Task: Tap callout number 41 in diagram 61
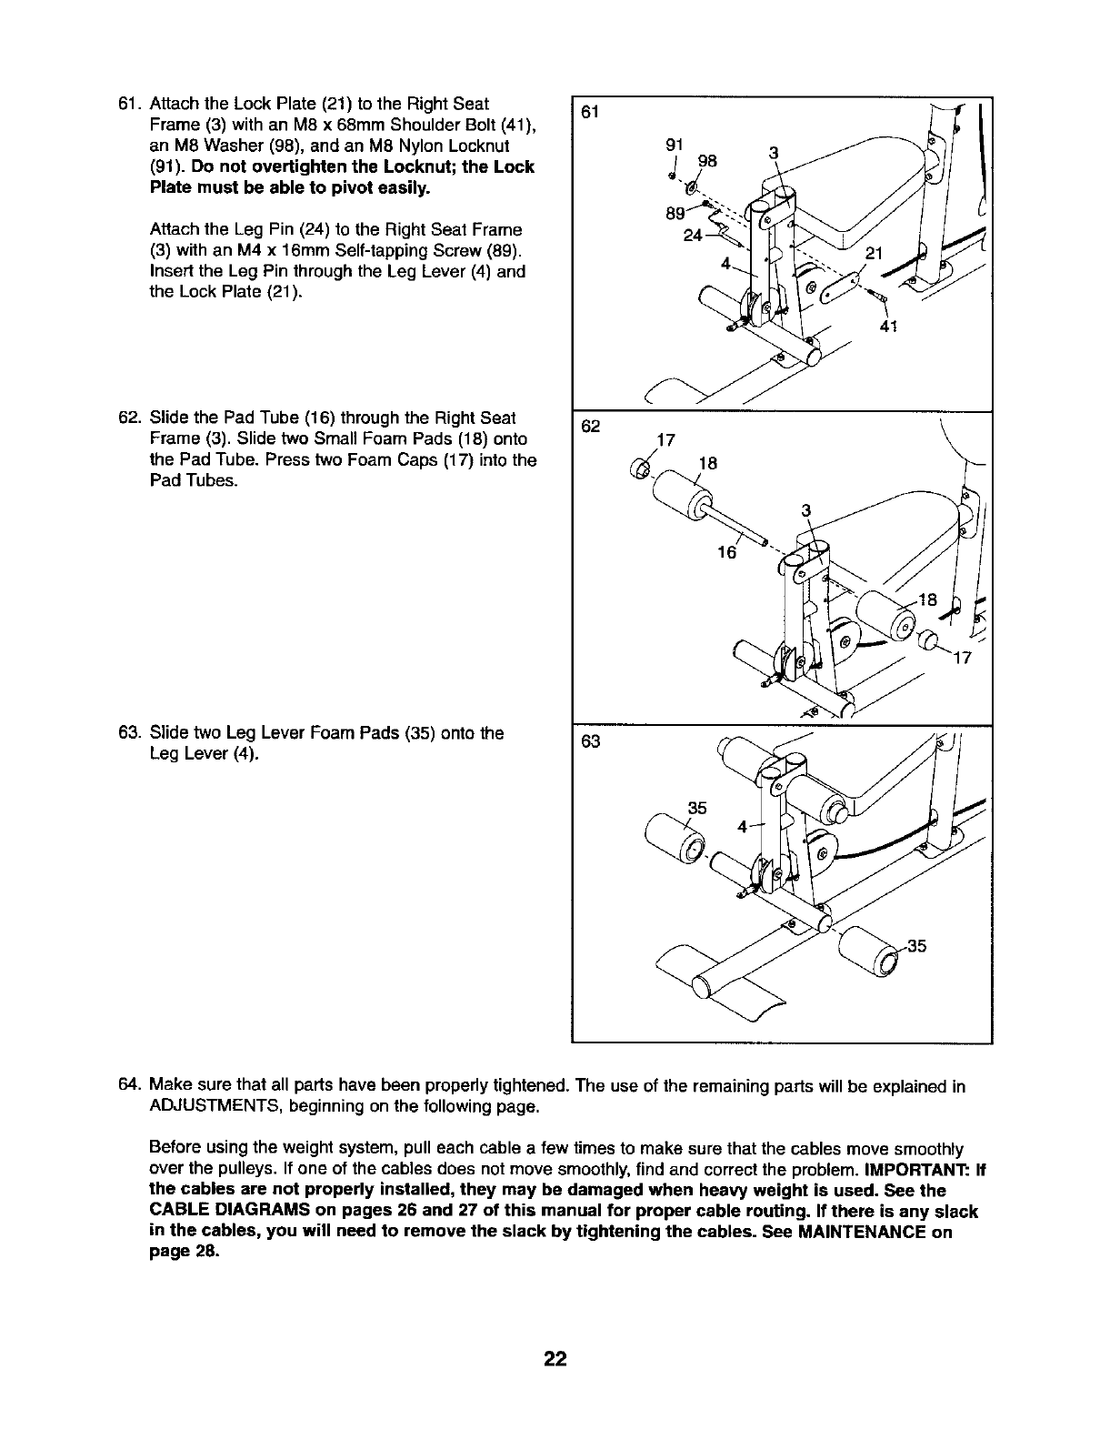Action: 890,327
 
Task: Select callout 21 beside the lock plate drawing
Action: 875,254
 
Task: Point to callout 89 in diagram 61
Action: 675,215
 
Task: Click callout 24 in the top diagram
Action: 694,235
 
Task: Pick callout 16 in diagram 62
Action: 725,553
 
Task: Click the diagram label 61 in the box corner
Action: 592,112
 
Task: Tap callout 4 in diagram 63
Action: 743,827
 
